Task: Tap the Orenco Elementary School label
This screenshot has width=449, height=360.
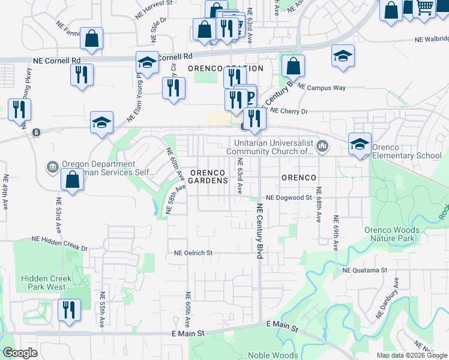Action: pos(406,152)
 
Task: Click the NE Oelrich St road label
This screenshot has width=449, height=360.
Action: pos(193,253)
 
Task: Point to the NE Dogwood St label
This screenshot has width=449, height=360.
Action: pos(290,197)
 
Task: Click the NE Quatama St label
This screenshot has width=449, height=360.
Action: pos(364,270)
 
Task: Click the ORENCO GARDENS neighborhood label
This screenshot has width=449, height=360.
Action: pos(209,176)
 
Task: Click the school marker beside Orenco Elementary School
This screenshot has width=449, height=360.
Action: pos(360,143)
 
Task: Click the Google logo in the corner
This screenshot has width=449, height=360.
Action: pos(20,353)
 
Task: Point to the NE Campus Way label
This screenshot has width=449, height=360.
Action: pos(322,88)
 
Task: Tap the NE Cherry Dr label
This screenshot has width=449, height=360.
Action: pos(289,111)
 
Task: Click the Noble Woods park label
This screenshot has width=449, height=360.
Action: pos(273,355)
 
